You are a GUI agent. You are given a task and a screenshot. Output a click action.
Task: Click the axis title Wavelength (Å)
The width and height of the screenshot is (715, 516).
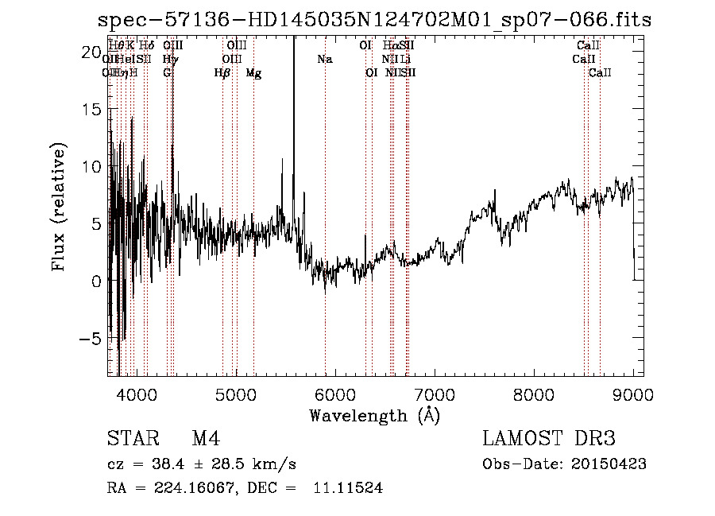tap(374, 415)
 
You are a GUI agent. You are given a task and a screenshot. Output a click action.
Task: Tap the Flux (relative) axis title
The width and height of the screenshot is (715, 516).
tap(59, 207)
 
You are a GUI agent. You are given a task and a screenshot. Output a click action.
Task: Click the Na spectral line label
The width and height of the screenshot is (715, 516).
tap(324, 60)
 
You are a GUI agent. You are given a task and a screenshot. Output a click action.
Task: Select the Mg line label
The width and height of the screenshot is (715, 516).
tap(253, 73)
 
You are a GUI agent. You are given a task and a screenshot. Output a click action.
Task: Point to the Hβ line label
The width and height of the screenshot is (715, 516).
tap(222, 73)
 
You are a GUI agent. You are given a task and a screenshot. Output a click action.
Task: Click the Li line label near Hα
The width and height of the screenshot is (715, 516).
tap(405, 60)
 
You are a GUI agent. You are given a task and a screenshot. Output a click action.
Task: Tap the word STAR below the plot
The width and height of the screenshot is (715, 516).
tap(132, 439)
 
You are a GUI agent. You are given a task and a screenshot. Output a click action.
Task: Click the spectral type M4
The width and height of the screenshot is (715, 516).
tap(206, 439)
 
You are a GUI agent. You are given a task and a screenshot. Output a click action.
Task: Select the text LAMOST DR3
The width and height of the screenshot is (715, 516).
tap(549, 439)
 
